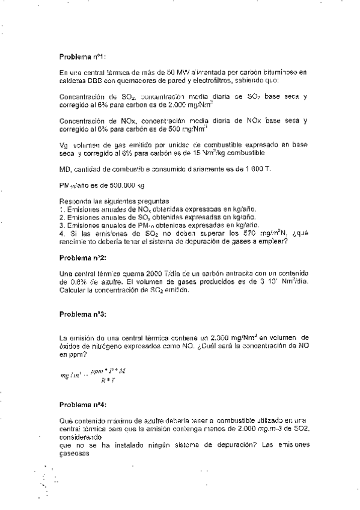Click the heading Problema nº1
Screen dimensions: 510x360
click(83, 57)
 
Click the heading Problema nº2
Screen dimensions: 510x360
click(83, 257)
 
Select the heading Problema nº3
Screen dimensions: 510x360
click(83, 314)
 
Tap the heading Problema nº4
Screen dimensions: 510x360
click(83, 406)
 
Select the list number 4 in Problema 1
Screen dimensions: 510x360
click(62, 233)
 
